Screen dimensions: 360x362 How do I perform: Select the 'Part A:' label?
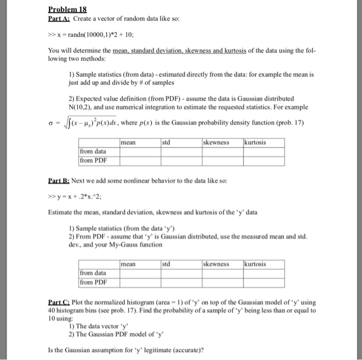click(59, 19)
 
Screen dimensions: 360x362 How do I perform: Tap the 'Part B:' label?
click(59, 182)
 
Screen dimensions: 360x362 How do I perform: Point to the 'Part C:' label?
click(59, 302)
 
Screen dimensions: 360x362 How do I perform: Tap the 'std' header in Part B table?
click(167, 264)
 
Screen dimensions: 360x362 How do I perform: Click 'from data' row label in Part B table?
click(93, 273)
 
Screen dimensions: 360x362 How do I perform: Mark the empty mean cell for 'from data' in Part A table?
click(139, 151)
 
